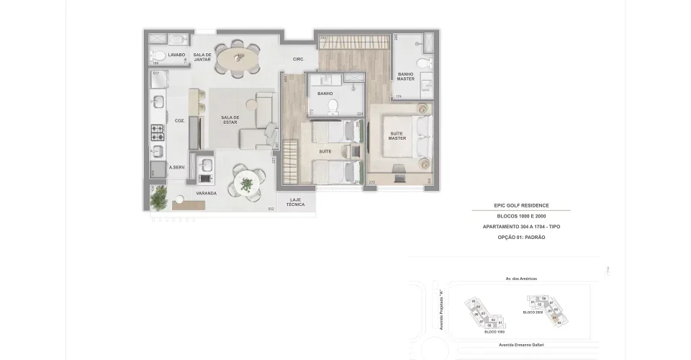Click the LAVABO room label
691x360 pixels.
pos(176,55)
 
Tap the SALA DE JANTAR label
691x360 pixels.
pos(202,58)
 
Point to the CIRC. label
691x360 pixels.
pos(299,59)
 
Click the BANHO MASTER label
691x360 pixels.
pos(405,76)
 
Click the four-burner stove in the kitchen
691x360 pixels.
pos(158,132)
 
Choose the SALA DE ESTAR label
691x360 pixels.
pos(230,120)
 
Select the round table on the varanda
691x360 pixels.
pos(247,185)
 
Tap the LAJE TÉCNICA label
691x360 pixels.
pos(295,202)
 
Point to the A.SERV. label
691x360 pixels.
pos(177,168)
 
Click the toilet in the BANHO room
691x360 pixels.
pos(333,107)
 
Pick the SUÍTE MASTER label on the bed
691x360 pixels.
pos(397,136)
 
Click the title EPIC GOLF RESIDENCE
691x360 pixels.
pos(521,205)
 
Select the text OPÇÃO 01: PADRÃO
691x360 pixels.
pos(521,237)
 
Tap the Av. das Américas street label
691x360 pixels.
pos(521,279)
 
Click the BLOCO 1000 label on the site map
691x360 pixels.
pos(494,332)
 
